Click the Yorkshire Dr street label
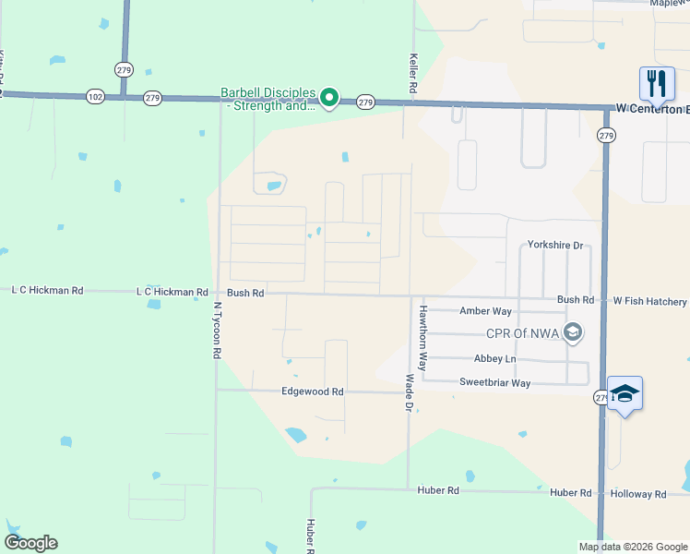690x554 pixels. coord(555,246)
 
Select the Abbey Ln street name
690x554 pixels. coord(495,359)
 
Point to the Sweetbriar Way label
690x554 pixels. coord(495,382)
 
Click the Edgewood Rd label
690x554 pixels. coord(312,391)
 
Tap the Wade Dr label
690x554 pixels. coord(410,392)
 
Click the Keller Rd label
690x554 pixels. coord(413,70)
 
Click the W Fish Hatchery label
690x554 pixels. coord(650,301)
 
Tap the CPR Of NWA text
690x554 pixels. coord(523,334)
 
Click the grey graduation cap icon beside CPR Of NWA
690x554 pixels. coord(572,332)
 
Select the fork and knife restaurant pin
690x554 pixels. coord(657,84)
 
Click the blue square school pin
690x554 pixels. coord(625,393)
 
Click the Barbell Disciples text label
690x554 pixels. coord(268,100)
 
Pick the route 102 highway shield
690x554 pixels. coord(95,96)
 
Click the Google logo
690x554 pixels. coord(30,543)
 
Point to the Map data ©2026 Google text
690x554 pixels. coord(633,547)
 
